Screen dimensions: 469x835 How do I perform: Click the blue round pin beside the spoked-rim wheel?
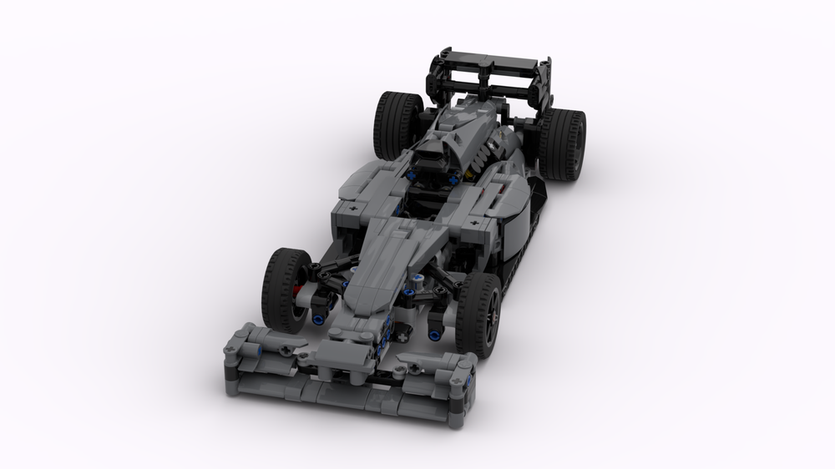click(x=435, y=333)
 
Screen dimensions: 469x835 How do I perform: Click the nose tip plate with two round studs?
click(x=349, y=334)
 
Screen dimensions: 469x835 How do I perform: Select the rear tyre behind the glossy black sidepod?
click(x=561, y=144)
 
